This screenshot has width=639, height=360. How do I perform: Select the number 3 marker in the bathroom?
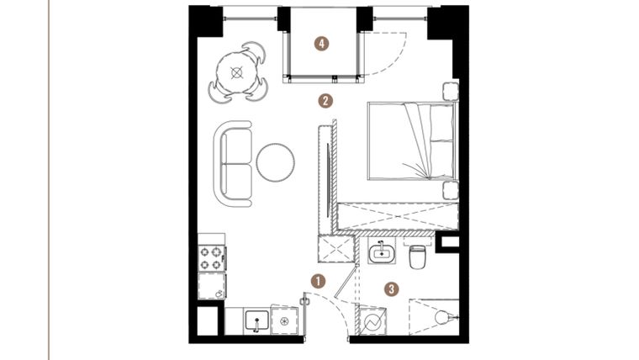tap(391, 289)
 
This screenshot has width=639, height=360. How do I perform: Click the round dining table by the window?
tap(238, 72)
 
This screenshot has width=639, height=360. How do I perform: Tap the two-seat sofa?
tap(233, 163)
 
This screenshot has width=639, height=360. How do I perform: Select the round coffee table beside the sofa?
tap(277, 162)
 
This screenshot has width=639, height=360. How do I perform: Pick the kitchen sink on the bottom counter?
tap(256, 320)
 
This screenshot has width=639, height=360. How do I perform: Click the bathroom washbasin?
tap(383, 251)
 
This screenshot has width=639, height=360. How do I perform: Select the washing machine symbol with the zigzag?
tap(372, 320)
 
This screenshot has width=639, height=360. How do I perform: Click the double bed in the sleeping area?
tap(409, 140)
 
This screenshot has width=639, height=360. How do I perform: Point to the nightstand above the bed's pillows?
tap(449, 92)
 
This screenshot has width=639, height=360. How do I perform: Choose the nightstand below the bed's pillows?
tap(449, 190)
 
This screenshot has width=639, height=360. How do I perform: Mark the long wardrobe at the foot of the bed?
tap(395, 217)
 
